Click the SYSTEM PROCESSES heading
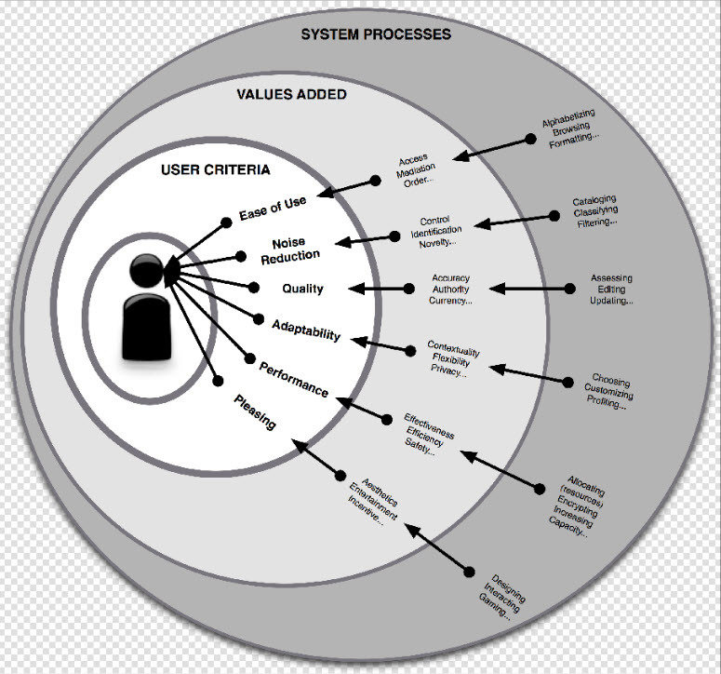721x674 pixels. pos(375,34)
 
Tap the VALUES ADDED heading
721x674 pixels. pos(291,94)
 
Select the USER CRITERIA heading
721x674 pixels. pos(216,169)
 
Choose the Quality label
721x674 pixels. pos(303,289)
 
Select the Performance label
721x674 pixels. pos(293,378)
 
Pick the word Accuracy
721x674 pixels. pos(451,277)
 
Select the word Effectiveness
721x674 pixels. pos(429,423)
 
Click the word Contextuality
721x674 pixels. pos(454,348)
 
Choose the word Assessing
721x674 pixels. pos(611,277)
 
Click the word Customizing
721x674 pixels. pos(610,392)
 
